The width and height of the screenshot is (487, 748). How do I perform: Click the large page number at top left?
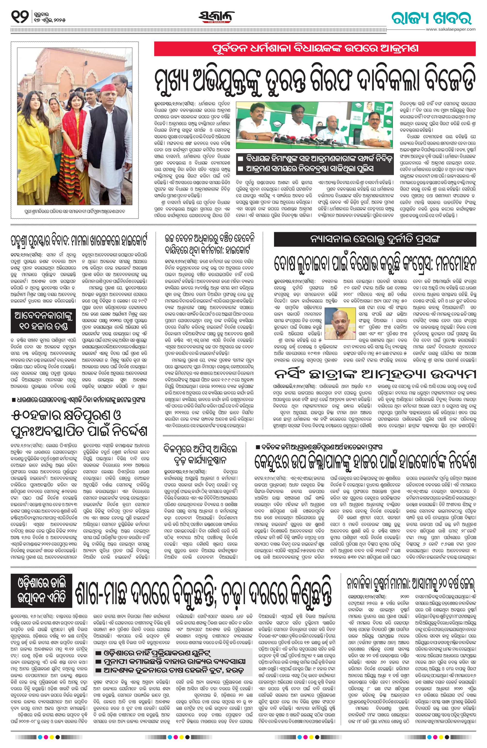(x=20, y=16)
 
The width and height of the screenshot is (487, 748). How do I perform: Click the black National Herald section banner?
(x=375, y=240)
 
